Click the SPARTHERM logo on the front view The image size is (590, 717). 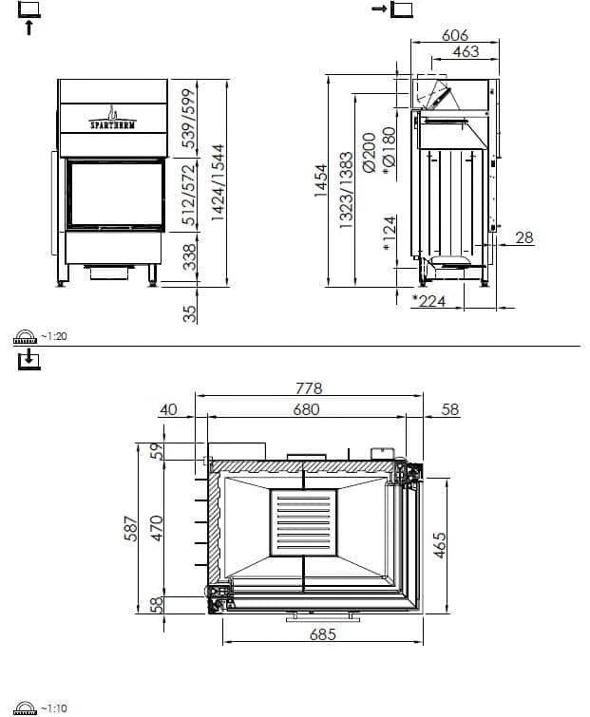point(112,119)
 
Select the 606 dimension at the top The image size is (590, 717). point(455,35)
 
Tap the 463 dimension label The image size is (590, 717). point(466,51)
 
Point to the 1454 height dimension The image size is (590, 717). point(321,180)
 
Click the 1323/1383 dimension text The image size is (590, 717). point(347,190)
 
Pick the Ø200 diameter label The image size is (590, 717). point(369,152)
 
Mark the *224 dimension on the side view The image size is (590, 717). point(428,301)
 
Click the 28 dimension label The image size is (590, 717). point(524,237)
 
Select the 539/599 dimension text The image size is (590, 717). point(189,118)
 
